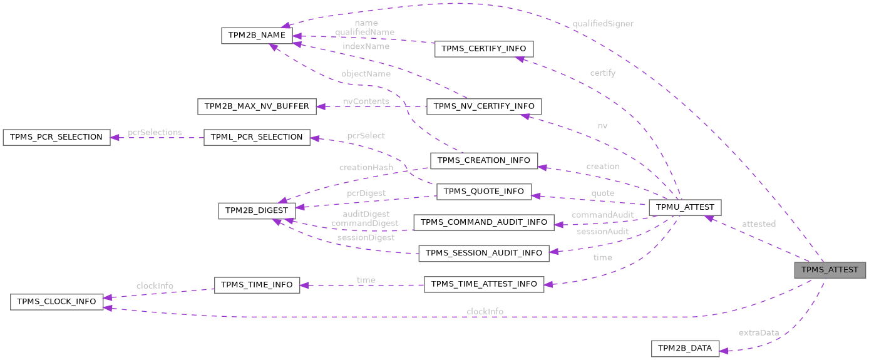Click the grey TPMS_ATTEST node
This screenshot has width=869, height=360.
point(830,270)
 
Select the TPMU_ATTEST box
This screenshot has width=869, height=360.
point(686,208)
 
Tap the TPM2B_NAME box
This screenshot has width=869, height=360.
point(257,36)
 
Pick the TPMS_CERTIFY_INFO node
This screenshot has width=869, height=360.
point(484,49)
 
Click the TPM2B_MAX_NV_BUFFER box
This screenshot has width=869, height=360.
point(257,106)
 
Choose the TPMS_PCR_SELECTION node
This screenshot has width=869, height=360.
point(56,137)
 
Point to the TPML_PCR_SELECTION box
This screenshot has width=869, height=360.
point(257,137)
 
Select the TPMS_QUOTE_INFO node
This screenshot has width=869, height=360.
point(484,192)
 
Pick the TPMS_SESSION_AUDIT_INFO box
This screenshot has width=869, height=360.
point(484,253)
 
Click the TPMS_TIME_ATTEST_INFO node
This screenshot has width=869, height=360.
point(484,284)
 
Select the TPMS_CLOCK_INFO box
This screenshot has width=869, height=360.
point(56,302)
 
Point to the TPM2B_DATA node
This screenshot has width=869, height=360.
point(686,349)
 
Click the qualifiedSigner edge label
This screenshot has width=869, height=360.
point(603,24)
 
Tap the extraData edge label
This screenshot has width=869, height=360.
point(758,332)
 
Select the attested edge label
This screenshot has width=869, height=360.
point(758,224)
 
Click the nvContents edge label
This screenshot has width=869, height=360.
point(366,101)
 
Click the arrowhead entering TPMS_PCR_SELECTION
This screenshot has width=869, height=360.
point(115,137)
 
